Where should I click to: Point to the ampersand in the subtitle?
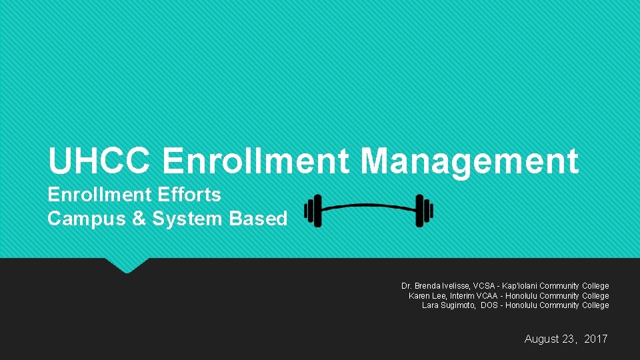[x=139, y=219]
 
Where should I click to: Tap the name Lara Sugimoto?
[x=449, y=305]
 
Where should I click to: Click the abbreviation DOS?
[x=490, y=305]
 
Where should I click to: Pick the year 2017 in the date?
[x=596, y=339]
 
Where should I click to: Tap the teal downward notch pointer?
[x=126, y=265]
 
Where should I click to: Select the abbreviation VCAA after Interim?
[x=488, y=296]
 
